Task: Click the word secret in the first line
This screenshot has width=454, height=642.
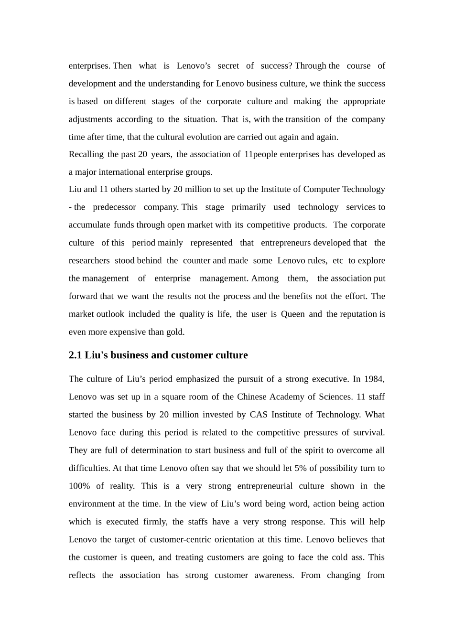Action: click(228, 66)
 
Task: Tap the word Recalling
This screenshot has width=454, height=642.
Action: click(86, 154)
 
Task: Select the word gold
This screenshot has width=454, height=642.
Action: click(175, 332)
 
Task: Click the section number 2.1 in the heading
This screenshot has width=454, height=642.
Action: click(76, 355)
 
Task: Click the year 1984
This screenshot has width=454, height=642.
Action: click(373, 379)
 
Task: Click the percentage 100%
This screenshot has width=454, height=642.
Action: click(79, 486)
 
